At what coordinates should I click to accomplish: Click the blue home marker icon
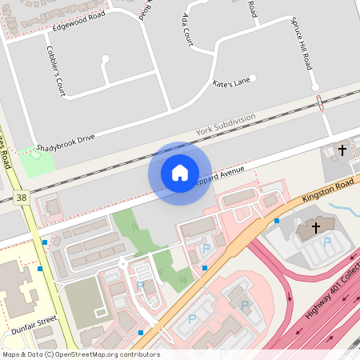coord(179,173)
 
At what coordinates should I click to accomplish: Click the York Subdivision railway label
coord(226,124)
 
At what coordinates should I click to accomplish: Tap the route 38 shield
coord(21,197)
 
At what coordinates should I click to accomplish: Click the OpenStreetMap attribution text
coord(81,354)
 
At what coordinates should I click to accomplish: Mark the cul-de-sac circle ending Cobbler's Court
coord(106,58)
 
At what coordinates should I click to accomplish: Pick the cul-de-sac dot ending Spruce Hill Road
coord(314,87)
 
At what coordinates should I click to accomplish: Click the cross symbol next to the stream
coord(315,228)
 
